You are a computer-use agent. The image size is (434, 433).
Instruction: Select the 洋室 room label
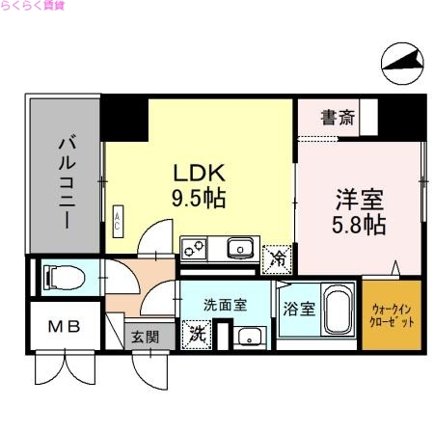360,201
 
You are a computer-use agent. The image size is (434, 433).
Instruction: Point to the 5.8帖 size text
360,227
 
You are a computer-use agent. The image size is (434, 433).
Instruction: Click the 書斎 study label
337,119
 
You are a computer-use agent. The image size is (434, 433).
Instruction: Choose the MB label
64,328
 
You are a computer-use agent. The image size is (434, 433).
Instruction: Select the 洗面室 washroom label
225,305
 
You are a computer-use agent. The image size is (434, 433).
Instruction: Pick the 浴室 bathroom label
298,309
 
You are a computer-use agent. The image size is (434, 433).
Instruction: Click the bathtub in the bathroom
339,311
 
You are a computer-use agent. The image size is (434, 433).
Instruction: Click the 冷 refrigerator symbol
279,257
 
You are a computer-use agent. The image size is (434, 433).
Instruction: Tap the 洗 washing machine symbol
198,336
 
